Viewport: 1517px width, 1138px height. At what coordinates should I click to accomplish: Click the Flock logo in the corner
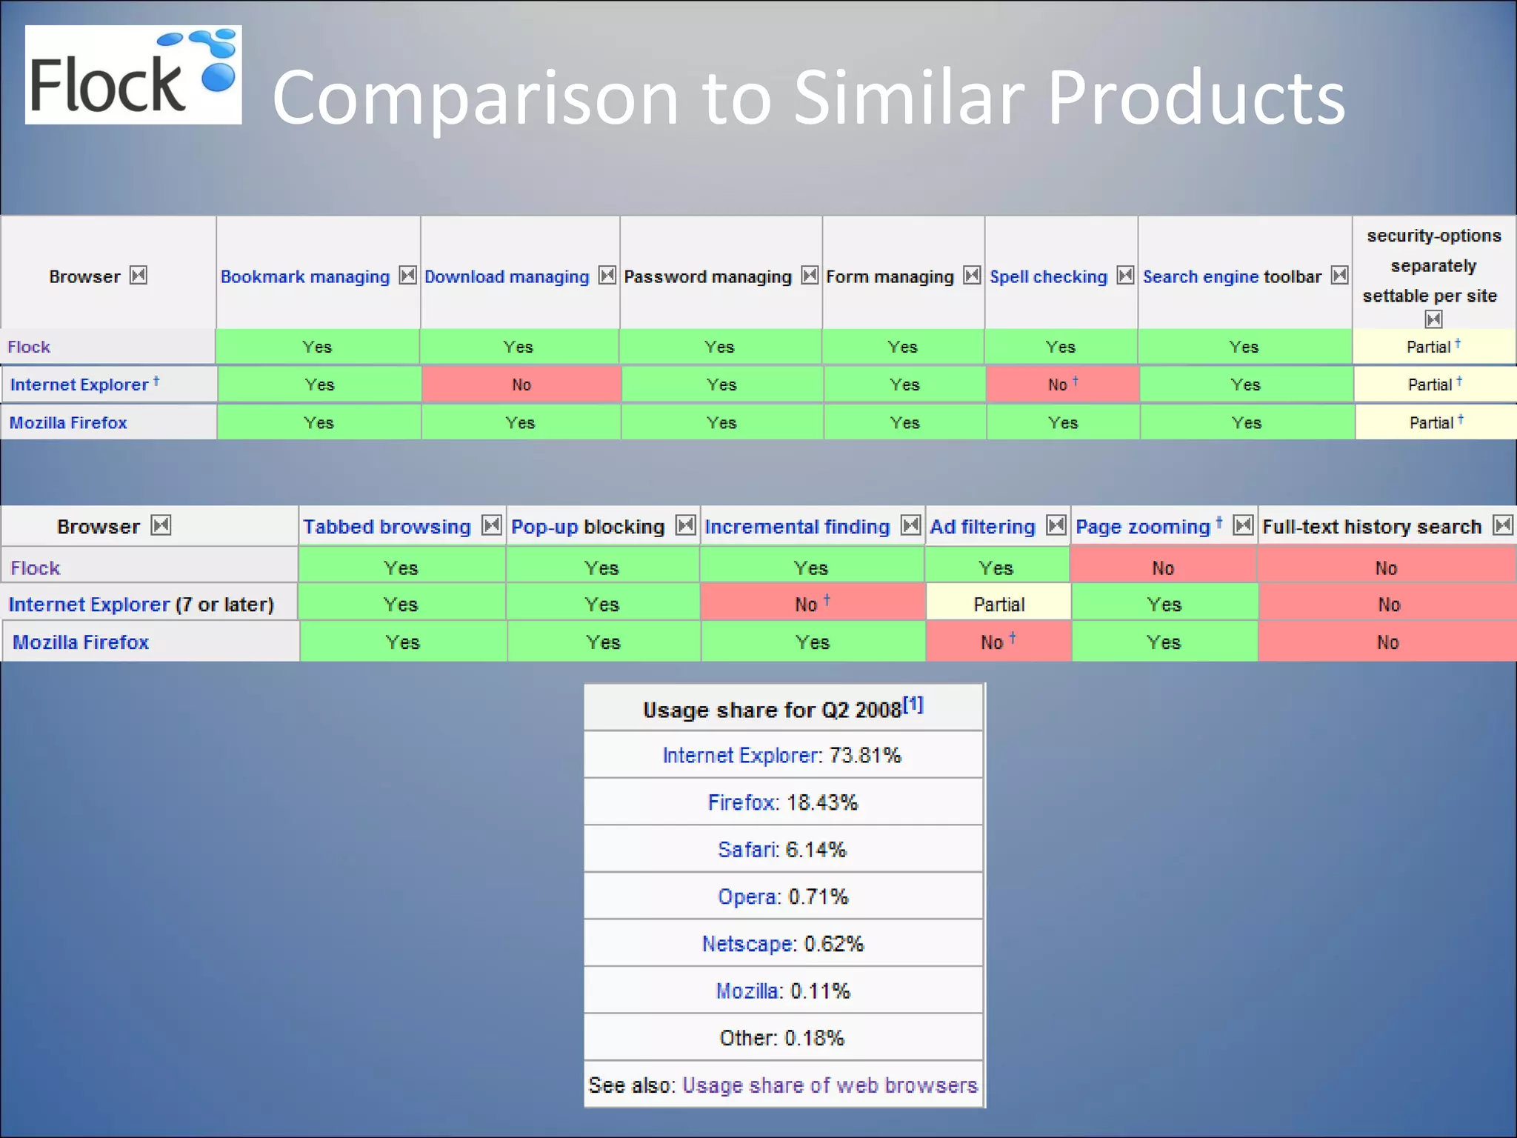pyautogui.click(x=133, y=75)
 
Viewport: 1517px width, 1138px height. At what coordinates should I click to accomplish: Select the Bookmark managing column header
pyautogui.click(x=304, y=276)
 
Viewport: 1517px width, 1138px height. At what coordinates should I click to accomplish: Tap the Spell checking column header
pyautogui.click(x=1047, y=276)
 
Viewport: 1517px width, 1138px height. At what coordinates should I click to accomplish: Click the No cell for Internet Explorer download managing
pyautogui.click(x=521, y=385)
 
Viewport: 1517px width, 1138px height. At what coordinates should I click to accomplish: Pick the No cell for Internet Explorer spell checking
pyautogui.click(x=1061, y=385)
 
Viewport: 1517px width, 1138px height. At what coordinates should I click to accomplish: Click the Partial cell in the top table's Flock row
pyautogui.click(x=1433, y=347)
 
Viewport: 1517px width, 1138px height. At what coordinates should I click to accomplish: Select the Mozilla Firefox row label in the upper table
pyautogui.click(x=68, y=422)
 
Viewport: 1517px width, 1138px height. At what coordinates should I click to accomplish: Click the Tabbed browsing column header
pyautogui.click(x=386, y=527)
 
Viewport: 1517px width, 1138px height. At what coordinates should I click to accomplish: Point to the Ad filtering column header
pyautogui.click(x=982, y=527)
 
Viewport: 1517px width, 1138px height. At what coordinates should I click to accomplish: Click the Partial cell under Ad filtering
pyautogui.click(x=998, y=605)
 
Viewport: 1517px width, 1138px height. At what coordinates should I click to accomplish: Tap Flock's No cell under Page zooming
pyautogui.click(x=1163, y=568)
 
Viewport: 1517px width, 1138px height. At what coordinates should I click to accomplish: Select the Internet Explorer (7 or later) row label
pyautogui.click(x=141, y=605)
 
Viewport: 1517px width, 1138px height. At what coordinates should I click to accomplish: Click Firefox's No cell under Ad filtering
pyautogui.click(x=997, y=642)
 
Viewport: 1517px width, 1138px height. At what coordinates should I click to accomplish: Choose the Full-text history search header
pyautogui.click(x=1371, y=527)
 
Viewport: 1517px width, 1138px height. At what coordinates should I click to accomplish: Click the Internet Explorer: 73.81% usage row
pyautogui.click(x=782, y=755)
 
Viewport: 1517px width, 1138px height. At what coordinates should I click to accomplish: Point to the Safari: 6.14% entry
pyautogui.click(x=782, y=849)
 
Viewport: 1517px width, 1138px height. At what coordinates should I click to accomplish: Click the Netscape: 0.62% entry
pyautogui.click(x=782, y=943)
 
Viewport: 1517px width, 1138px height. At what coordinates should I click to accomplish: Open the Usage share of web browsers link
pyautogui.click(x=830, y=1085)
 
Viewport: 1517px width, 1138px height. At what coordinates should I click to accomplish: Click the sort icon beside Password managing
pyautogui.click(x=810, y=276)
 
